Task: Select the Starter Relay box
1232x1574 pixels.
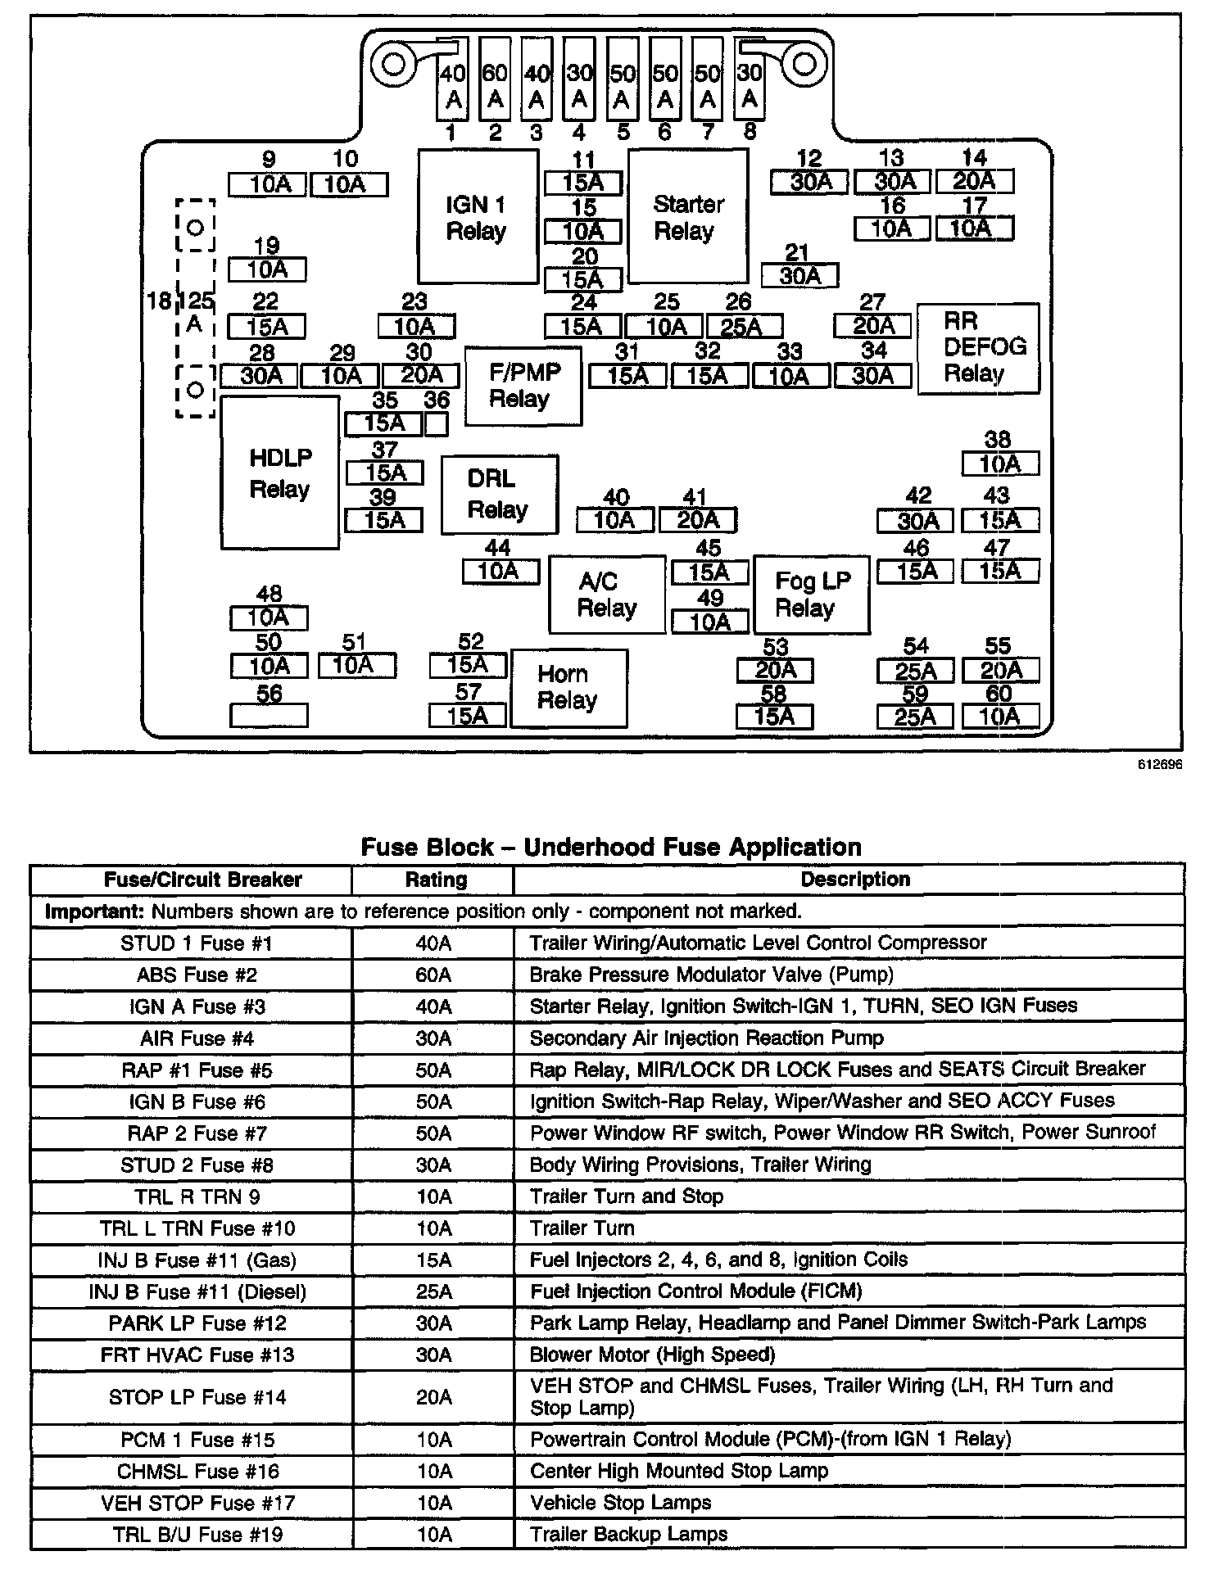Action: point(688,217)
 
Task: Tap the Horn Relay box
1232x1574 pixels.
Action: point(568,688)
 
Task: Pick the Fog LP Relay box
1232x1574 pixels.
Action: point(811,595)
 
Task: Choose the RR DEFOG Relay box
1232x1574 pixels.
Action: point(978,348)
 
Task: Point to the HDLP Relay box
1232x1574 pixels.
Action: point(279,473)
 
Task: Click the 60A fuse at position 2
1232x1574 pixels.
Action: point(494,87)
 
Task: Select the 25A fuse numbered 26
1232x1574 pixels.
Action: point(744,327)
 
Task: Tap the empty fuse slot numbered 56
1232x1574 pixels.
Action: point(269,716)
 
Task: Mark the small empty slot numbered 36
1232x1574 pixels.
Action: point(437,423)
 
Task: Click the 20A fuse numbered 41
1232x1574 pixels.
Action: point(698,520)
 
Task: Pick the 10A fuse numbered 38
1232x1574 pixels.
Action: point(999,464)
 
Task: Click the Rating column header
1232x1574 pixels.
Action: point(435,880)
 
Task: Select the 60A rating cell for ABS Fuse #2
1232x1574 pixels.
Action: point(433,975)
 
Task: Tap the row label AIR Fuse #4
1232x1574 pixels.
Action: point(197,1038)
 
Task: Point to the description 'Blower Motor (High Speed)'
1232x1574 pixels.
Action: point(652,1355)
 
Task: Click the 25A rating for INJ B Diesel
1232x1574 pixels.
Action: point(433,1291)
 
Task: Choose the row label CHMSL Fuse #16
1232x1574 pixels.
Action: point(197,1471)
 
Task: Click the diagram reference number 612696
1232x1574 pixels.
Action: point(1158,765)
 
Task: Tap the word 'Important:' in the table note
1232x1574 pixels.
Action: point(93,911)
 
